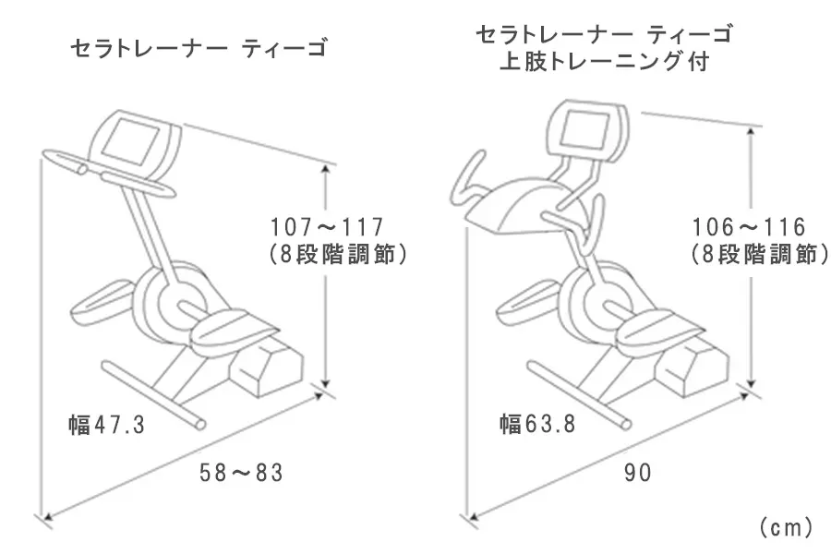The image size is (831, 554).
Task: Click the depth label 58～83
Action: [x=241, y=474]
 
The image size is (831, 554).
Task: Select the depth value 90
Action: [x=637, y=474]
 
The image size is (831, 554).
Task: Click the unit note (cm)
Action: [x=785, y=527]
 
